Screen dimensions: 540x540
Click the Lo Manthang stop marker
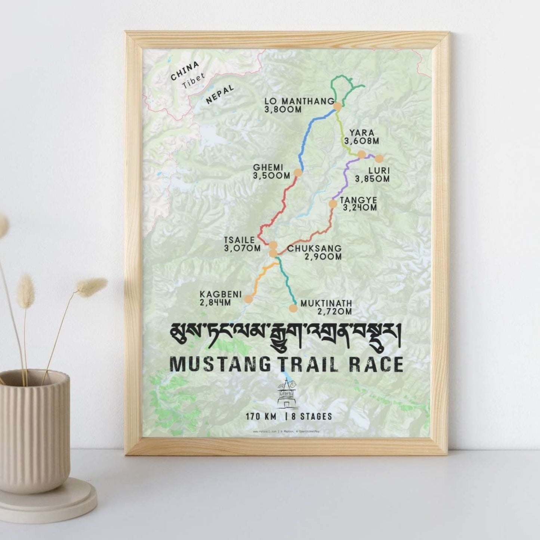coord(337,106)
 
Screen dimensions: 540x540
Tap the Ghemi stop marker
coord(298,172)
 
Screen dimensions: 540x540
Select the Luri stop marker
coord(379,158)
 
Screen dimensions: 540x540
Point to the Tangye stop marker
coord(332,204)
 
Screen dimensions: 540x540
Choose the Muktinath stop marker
coord(293,308)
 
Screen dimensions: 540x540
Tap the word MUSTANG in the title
coord(219,365)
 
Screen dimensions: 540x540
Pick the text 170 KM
coord(261,416)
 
